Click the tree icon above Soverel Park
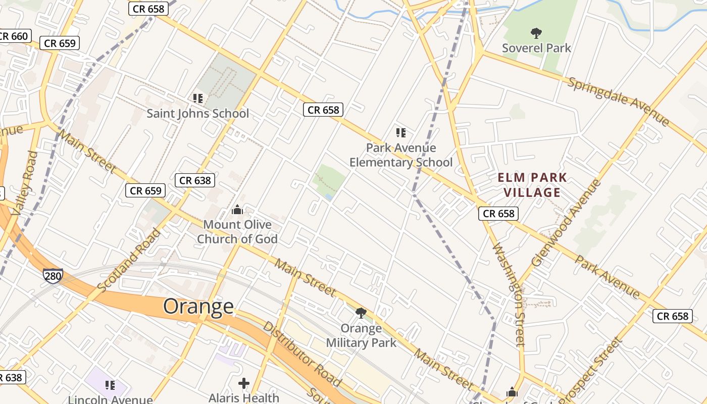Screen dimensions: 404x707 pyautogui.click(x=536, y=34)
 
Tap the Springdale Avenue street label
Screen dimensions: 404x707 pyautogui.click(x=618, y=102)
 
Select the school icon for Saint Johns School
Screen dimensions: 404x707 pyautogui.click(x=197, y=98)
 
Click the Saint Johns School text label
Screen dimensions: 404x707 pyautogui.click(x=197, y=114)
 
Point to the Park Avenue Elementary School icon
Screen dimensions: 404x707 pyautogui.click(x=401, y=133)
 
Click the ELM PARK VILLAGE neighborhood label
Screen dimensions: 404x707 pyautogui.click(x=532, y=185)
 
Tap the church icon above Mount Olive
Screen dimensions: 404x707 pyautogui.click(x=237, y=210)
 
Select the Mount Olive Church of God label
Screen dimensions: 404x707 pyautogui.click(x=237, y=231)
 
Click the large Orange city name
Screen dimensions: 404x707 pyautogui.click(x=198, y=307)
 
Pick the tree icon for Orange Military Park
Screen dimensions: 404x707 pyautogui.click(x=361, y=313)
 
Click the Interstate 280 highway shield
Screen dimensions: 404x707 pyautogui.click(x=53, y=276)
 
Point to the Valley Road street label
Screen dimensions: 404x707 pyautogui.click(x=25, y=183)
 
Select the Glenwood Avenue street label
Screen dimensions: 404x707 pyautogui.click(x=566, y=223)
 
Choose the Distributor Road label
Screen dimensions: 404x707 pyautogui.click(x=301, y=354)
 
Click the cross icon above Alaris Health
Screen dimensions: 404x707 pyautogui.click(x=244, y=384)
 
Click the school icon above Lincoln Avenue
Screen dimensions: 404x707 pyautogui.click(x=110, y=386)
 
